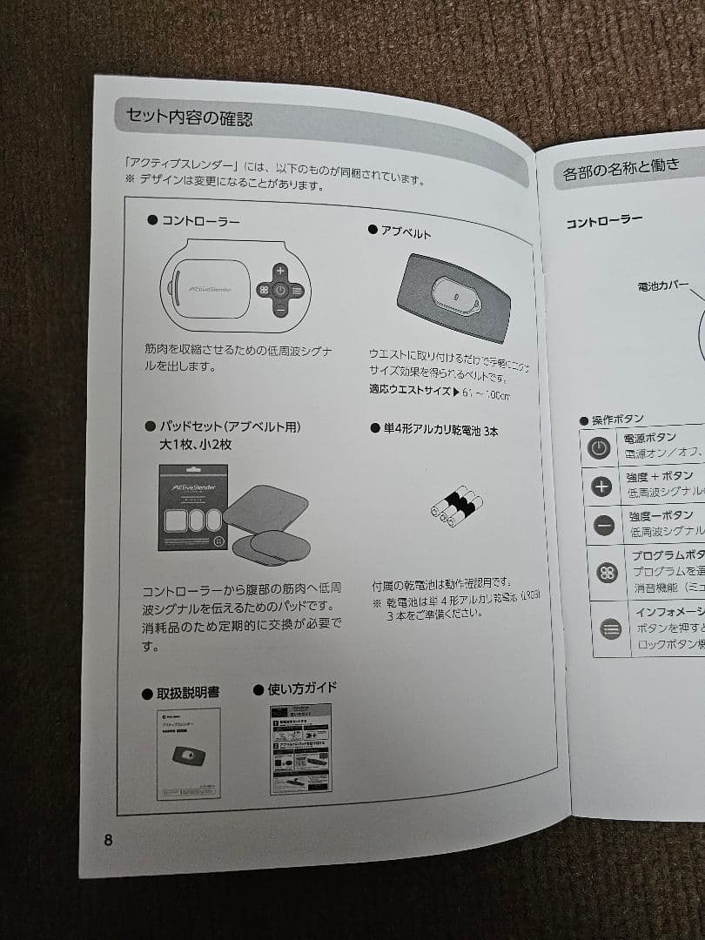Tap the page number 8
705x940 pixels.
(x=108, y=840)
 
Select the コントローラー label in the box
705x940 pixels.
(x=200, y=221)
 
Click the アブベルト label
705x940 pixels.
(x=406, y=232)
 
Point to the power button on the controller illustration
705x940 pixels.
(x=280, y=291)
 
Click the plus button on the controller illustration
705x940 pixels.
(x=280, y=271)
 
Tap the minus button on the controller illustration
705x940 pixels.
(x=280, y=310)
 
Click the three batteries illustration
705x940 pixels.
(x=455, y=506)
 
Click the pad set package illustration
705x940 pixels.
(x=193, y=507)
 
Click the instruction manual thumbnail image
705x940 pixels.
(x=189, y=754)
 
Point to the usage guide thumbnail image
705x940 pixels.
(x=300, y=749)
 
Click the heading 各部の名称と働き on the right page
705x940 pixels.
(x=621, y=167)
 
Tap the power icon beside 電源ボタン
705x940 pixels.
(x=598, y=447)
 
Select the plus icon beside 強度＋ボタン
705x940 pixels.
(x=601, y=486)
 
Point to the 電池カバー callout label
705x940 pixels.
(x=663, y=285)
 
